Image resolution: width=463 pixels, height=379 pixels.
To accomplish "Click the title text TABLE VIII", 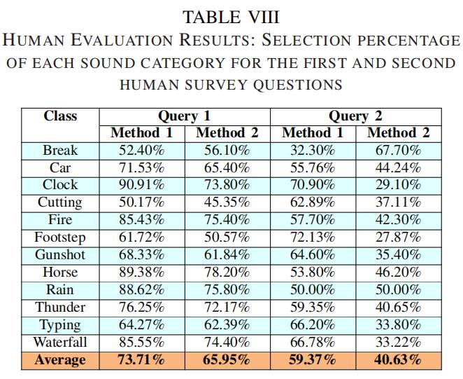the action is pyautogui.click(x=231, y=17).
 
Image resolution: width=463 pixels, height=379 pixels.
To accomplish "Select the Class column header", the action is pyautogui.click(x=60, y=116).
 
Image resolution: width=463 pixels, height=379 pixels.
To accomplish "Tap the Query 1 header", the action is pyautogui.click(x=184, y=116).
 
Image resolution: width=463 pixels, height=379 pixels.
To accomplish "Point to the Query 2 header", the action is pyautogui.click(x=355, y=116).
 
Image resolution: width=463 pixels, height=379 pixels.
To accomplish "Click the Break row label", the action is pyautogui.click(x=60, y=151).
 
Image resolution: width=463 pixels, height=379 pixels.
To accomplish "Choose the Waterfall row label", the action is pyautogui.click(x=60, y=343).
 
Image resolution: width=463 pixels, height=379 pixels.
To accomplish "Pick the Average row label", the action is pyautogui.click(x=60, y=360).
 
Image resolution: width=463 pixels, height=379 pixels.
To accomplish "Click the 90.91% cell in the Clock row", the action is pyautogui.click(x=142, y=185).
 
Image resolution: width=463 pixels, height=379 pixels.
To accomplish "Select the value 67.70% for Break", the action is pyautogui.click(x=399, y=151).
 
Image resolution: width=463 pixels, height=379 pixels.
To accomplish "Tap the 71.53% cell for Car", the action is pyautogui.click(x=142, y=167).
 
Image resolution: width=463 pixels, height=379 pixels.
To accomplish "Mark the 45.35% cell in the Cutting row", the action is pyautogui.click(x=227, y=202).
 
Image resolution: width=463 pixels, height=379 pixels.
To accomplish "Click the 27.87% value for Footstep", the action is pyautogui.click(x=399, y=237).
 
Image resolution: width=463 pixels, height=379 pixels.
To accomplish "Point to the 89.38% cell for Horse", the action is pyautogui.click(x=142, y=273).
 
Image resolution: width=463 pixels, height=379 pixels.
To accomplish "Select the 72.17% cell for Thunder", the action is pyautogui.click(x=227, y=307).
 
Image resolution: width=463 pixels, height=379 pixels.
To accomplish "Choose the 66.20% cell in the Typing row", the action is pyautogui.click(x=313, y=325).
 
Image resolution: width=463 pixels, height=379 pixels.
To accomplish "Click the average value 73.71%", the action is pyautogui.click(x=142, y=360).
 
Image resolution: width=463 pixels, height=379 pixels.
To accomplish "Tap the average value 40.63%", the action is pyautogui.click(x=399, y=360).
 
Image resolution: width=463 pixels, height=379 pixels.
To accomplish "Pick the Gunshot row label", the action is pyautogui.click(x=60, y=255).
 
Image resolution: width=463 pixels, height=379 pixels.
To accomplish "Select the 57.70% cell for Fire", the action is pyautogui.click(x=313, y=220).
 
